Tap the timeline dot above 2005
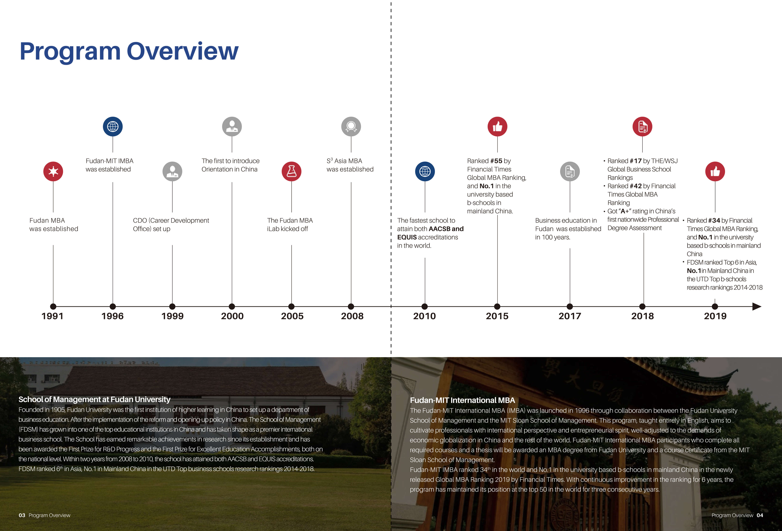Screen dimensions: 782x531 coord(291,306)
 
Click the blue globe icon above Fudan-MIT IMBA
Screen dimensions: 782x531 coord(113,127)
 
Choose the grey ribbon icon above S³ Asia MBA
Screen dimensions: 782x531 coord(351,127)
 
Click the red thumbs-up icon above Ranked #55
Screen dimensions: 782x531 coord(497,127)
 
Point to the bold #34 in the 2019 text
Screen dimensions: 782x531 coord(714,221)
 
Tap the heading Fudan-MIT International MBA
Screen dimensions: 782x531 coord(462,400)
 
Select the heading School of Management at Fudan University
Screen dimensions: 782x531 coord(95,399)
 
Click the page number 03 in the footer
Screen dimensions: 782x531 coord(22,515)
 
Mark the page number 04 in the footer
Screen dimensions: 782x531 coord(760,515)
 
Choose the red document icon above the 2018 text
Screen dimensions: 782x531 coord(642,127)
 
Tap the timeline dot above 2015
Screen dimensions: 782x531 coord(497,306)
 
